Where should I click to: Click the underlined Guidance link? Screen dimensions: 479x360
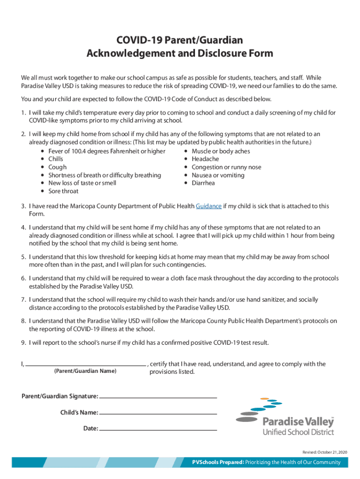(x=209, y=206)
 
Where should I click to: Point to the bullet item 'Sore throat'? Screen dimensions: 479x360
(x=63, y=191)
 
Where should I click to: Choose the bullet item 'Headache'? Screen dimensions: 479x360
(x=205, y=159)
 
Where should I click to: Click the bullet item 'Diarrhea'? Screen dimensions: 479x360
(x=203, y=183)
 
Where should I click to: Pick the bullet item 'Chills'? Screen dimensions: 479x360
(x=56, y=159)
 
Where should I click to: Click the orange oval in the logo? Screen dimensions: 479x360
(x=265, y=399)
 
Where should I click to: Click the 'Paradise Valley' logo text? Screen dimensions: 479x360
(x=298, y=421)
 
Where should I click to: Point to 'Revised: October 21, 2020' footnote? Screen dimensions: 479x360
(x=325, y=451)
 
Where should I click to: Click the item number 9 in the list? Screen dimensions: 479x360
(x=23, y=342)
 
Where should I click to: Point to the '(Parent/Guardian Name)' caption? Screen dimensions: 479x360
(x=86, y=371)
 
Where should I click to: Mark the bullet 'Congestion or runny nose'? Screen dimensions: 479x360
(x=226, y=167)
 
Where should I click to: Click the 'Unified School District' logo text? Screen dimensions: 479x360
(x=298, y=432)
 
